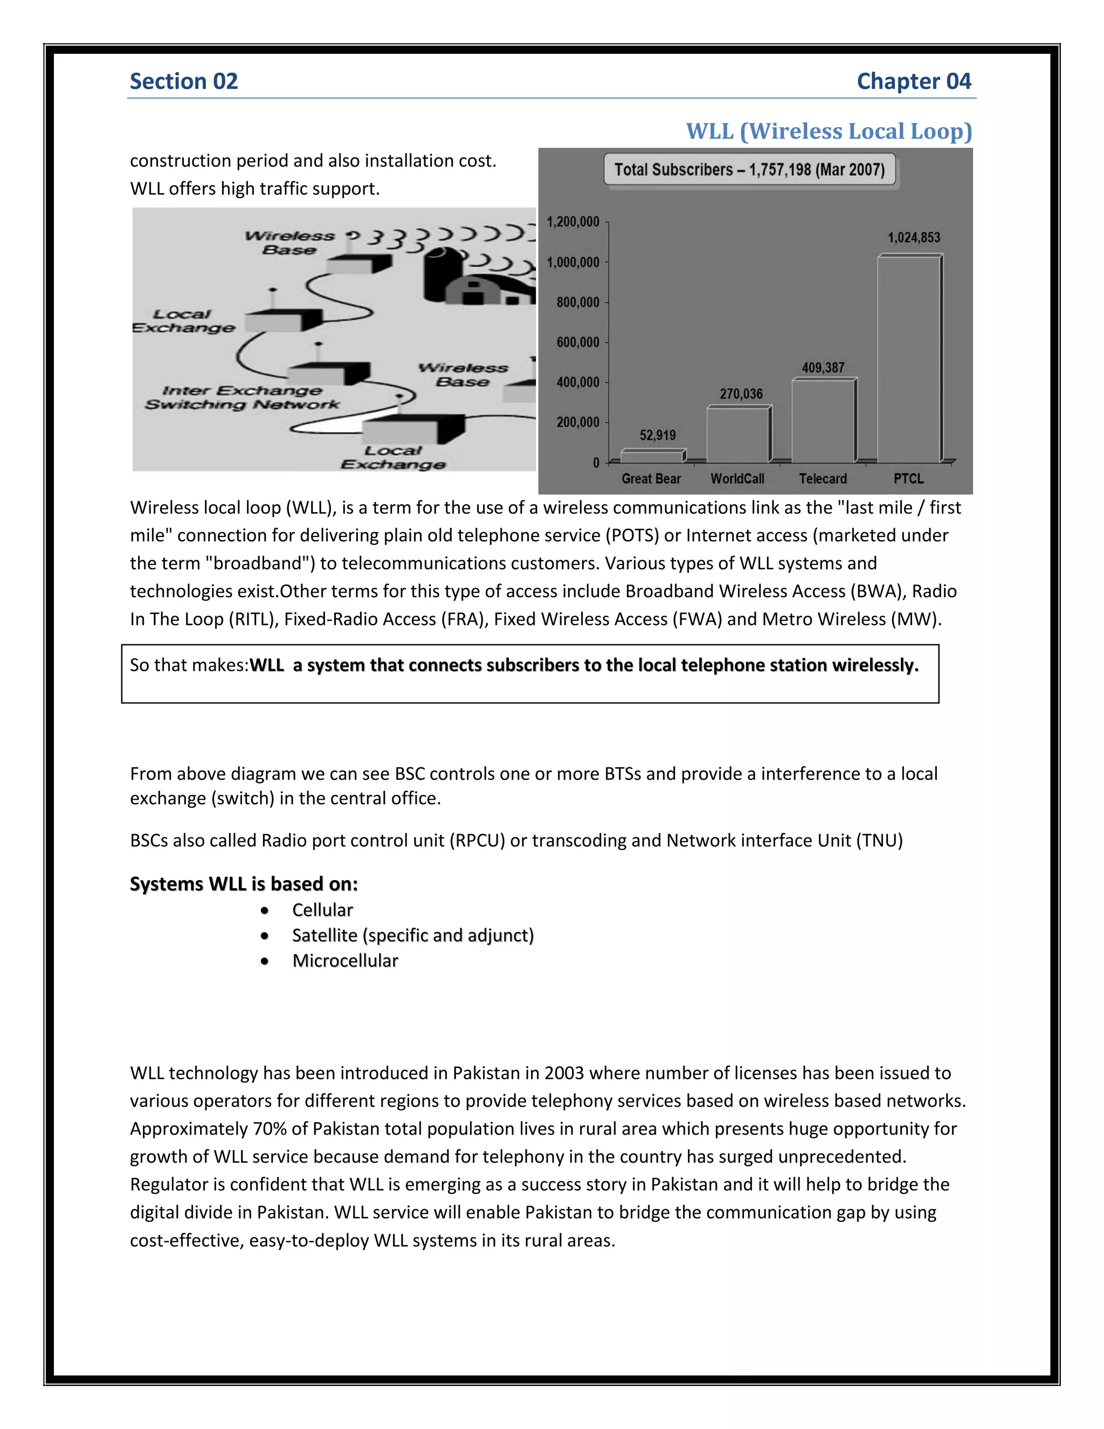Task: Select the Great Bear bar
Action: click(653, 456)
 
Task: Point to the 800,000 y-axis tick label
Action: click(577, 303)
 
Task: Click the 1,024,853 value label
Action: click(914, 237)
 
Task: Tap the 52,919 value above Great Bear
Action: click(657, 435)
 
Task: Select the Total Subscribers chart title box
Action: click(749, 170)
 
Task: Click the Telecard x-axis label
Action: click(823, 479)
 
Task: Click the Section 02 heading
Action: click(184, 81)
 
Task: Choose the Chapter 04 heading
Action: click(914, 81)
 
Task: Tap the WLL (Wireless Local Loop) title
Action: click(829, 131)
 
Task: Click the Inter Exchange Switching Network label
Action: click(242, 398)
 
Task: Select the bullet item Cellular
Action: click(322, 910)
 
